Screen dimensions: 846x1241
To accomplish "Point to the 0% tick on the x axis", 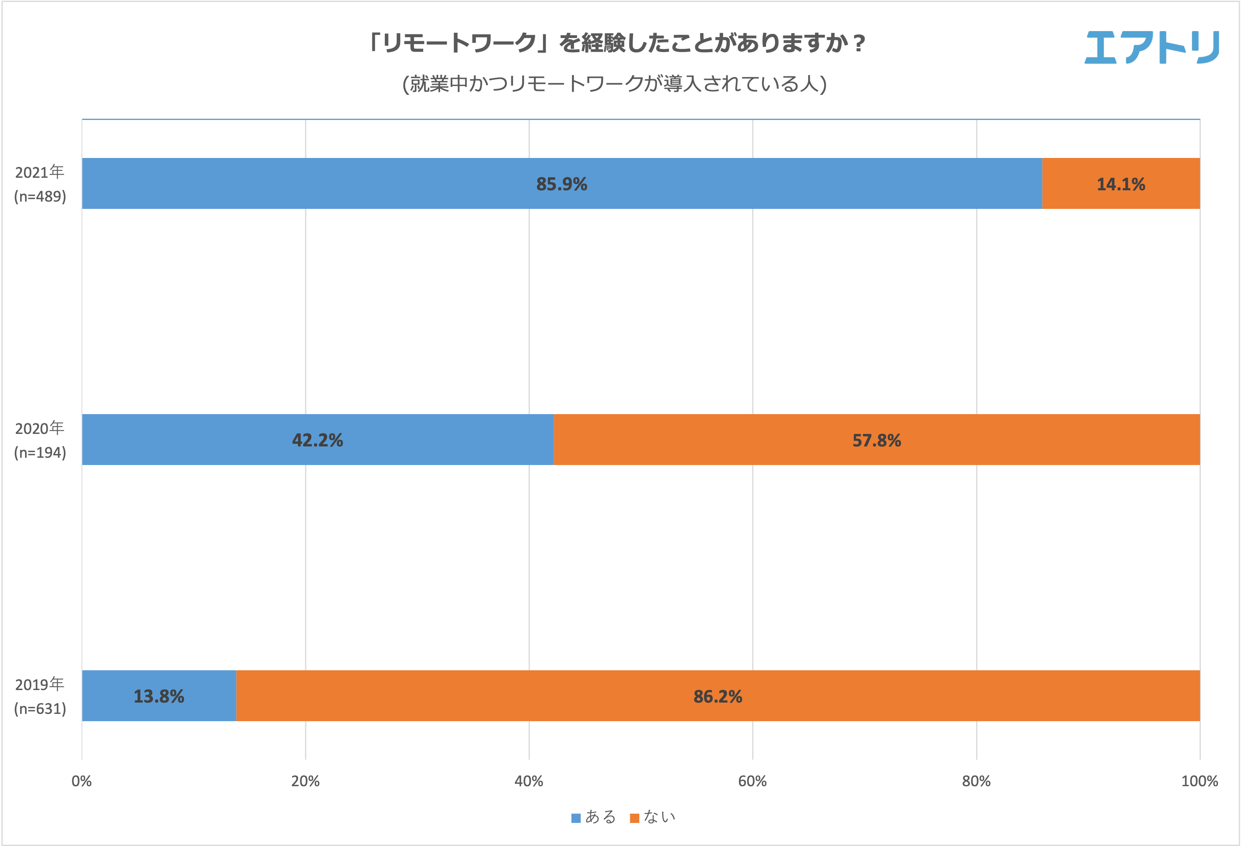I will [82, 781].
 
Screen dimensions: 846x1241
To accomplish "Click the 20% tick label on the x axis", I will [306, 781].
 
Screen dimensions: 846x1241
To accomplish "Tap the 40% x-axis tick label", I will [529, 781].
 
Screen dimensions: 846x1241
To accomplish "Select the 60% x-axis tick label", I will [752, 781].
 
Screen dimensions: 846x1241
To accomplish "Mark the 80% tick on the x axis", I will [976, 781].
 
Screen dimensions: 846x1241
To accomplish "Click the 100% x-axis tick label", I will [1199, 781].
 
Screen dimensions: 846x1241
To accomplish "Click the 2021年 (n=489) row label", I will [40, 184].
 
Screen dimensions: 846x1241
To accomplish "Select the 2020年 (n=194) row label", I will [40, 440].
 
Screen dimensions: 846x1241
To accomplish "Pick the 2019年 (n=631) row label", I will [40, 697].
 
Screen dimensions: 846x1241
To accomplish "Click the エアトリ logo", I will [1152, 48].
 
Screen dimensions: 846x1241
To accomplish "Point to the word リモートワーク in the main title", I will [459, 43].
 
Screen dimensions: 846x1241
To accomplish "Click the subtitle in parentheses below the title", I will [614, 84].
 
